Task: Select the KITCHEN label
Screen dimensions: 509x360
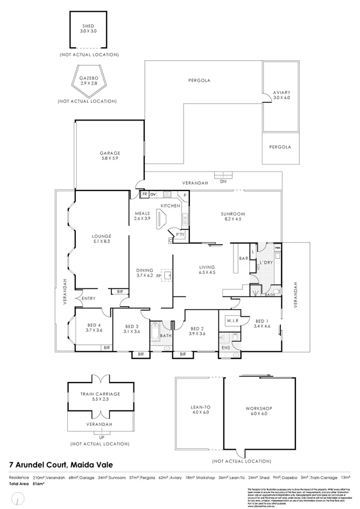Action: (x=171, y=206)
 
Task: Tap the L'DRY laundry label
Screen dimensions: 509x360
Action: (x=266, y=262)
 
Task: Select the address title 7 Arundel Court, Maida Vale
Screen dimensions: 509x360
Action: (x=61, y=464)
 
